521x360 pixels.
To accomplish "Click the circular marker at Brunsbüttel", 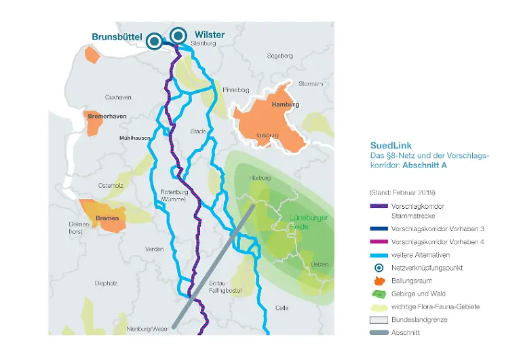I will (154, 42).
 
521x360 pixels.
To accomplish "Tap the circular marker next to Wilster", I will (178, 35).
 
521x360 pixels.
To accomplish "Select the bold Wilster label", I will (209, 35).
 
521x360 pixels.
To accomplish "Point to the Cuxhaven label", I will (118, 98).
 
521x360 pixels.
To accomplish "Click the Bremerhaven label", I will (107, 116).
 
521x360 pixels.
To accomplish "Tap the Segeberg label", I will (279, 56).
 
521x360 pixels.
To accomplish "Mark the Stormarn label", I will (311, 83).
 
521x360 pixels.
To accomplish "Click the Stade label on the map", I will (198, 131).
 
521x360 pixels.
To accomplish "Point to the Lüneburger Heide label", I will (309, 222).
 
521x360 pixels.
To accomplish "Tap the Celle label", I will (281, 307).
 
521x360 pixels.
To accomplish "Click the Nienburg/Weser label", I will (147, 329).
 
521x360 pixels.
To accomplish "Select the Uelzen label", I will (319, 264).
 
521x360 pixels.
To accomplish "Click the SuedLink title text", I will (391, 145).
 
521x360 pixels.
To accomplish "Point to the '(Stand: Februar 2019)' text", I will (402, 192).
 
